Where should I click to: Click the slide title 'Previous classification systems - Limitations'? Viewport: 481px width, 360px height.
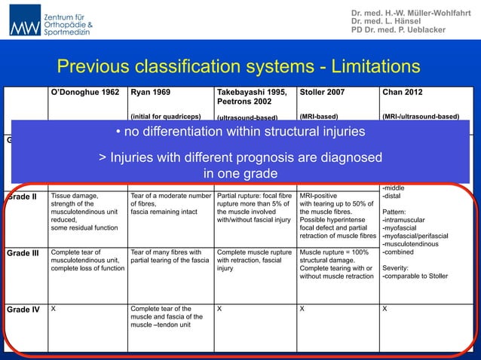tap(239, 67)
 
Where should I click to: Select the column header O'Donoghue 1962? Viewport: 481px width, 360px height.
tap(84, 93)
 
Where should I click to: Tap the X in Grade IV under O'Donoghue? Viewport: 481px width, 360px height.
tap(54, 309)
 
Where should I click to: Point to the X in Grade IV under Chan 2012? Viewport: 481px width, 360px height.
tap(386, 309)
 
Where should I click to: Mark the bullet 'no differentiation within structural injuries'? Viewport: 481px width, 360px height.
tap(240, 133)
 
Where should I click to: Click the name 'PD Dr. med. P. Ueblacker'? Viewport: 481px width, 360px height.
tap(398, 30)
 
